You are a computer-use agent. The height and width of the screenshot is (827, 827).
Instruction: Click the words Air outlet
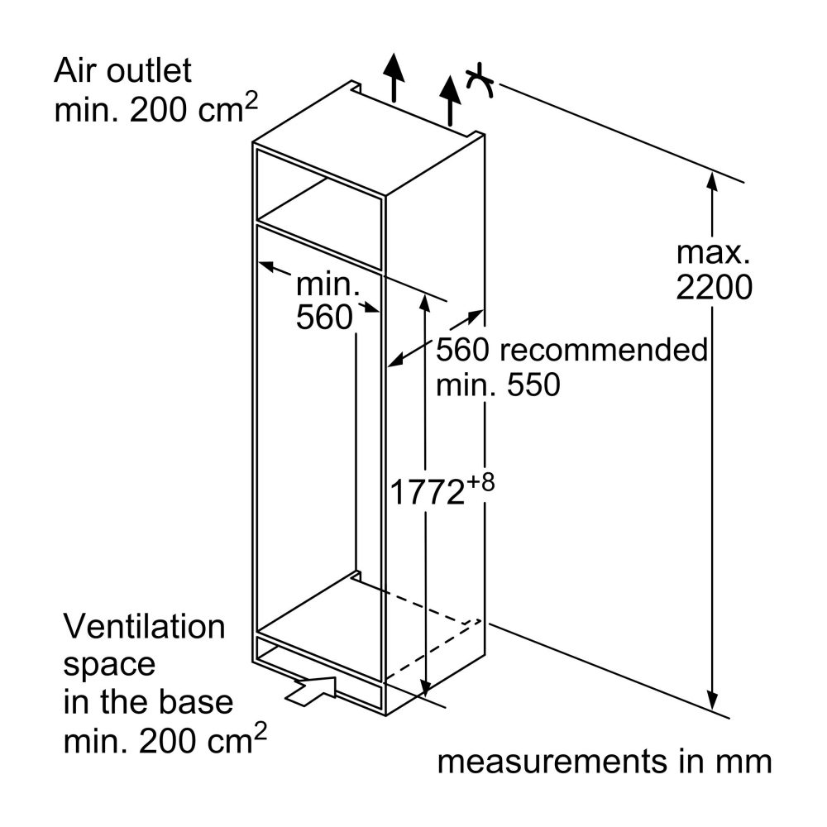(122, 70)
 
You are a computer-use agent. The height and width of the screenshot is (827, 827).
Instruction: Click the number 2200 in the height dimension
(714, 288)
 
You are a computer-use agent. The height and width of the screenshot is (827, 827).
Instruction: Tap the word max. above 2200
(713, 252)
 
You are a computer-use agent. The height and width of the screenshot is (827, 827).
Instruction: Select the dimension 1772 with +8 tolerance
(442, 490)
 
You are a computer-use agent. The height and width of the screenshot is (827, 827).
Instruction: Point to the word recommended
(604, 350)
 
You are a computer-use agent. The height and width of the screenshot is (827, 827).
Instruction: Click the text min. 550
(498, 385)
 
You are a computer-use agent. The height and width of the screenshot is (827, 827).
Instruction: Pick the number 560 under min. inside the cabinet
(324, 317)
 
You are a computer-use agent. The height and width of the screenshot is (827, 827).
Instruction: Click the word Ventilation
(144, 627)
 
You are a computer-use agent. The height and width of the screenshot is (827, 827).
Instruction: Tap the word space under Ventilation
(109, 666)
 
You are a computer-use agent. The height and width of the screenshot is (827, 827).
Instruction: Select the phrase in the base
(148, 702)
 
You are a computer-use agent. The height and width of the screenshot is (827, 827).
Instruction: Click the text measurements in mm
(605, 762)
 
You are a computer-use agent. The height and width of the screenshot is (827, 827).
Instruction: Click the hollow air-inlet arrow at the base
(311, 690)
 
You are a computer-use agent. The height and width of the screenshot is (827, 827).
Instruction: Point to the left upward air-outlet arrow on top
(394, 77)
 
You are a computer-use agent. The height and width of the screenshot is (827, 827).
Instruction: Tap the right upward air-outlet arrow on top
(450, 100)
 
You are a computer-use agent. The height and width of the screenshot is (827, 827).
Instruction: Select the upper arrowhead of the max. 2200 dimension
(713, 181)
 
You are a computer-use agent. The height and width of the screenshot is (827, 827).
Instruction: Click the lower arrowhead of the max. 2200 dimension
(713, 701)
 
